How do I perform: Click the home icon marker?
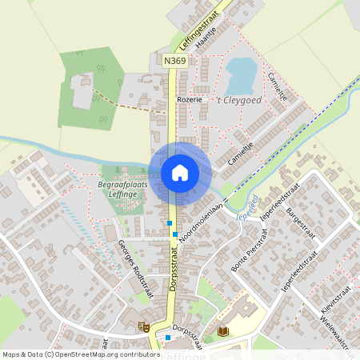180,172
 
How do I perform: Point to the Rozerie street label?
189,100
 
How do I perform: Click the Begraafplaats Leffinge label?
124,189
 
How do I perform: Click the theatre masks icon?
144,326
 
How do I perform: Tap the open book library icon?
223,330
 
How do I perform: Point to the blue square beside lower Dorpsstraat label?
168,337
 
